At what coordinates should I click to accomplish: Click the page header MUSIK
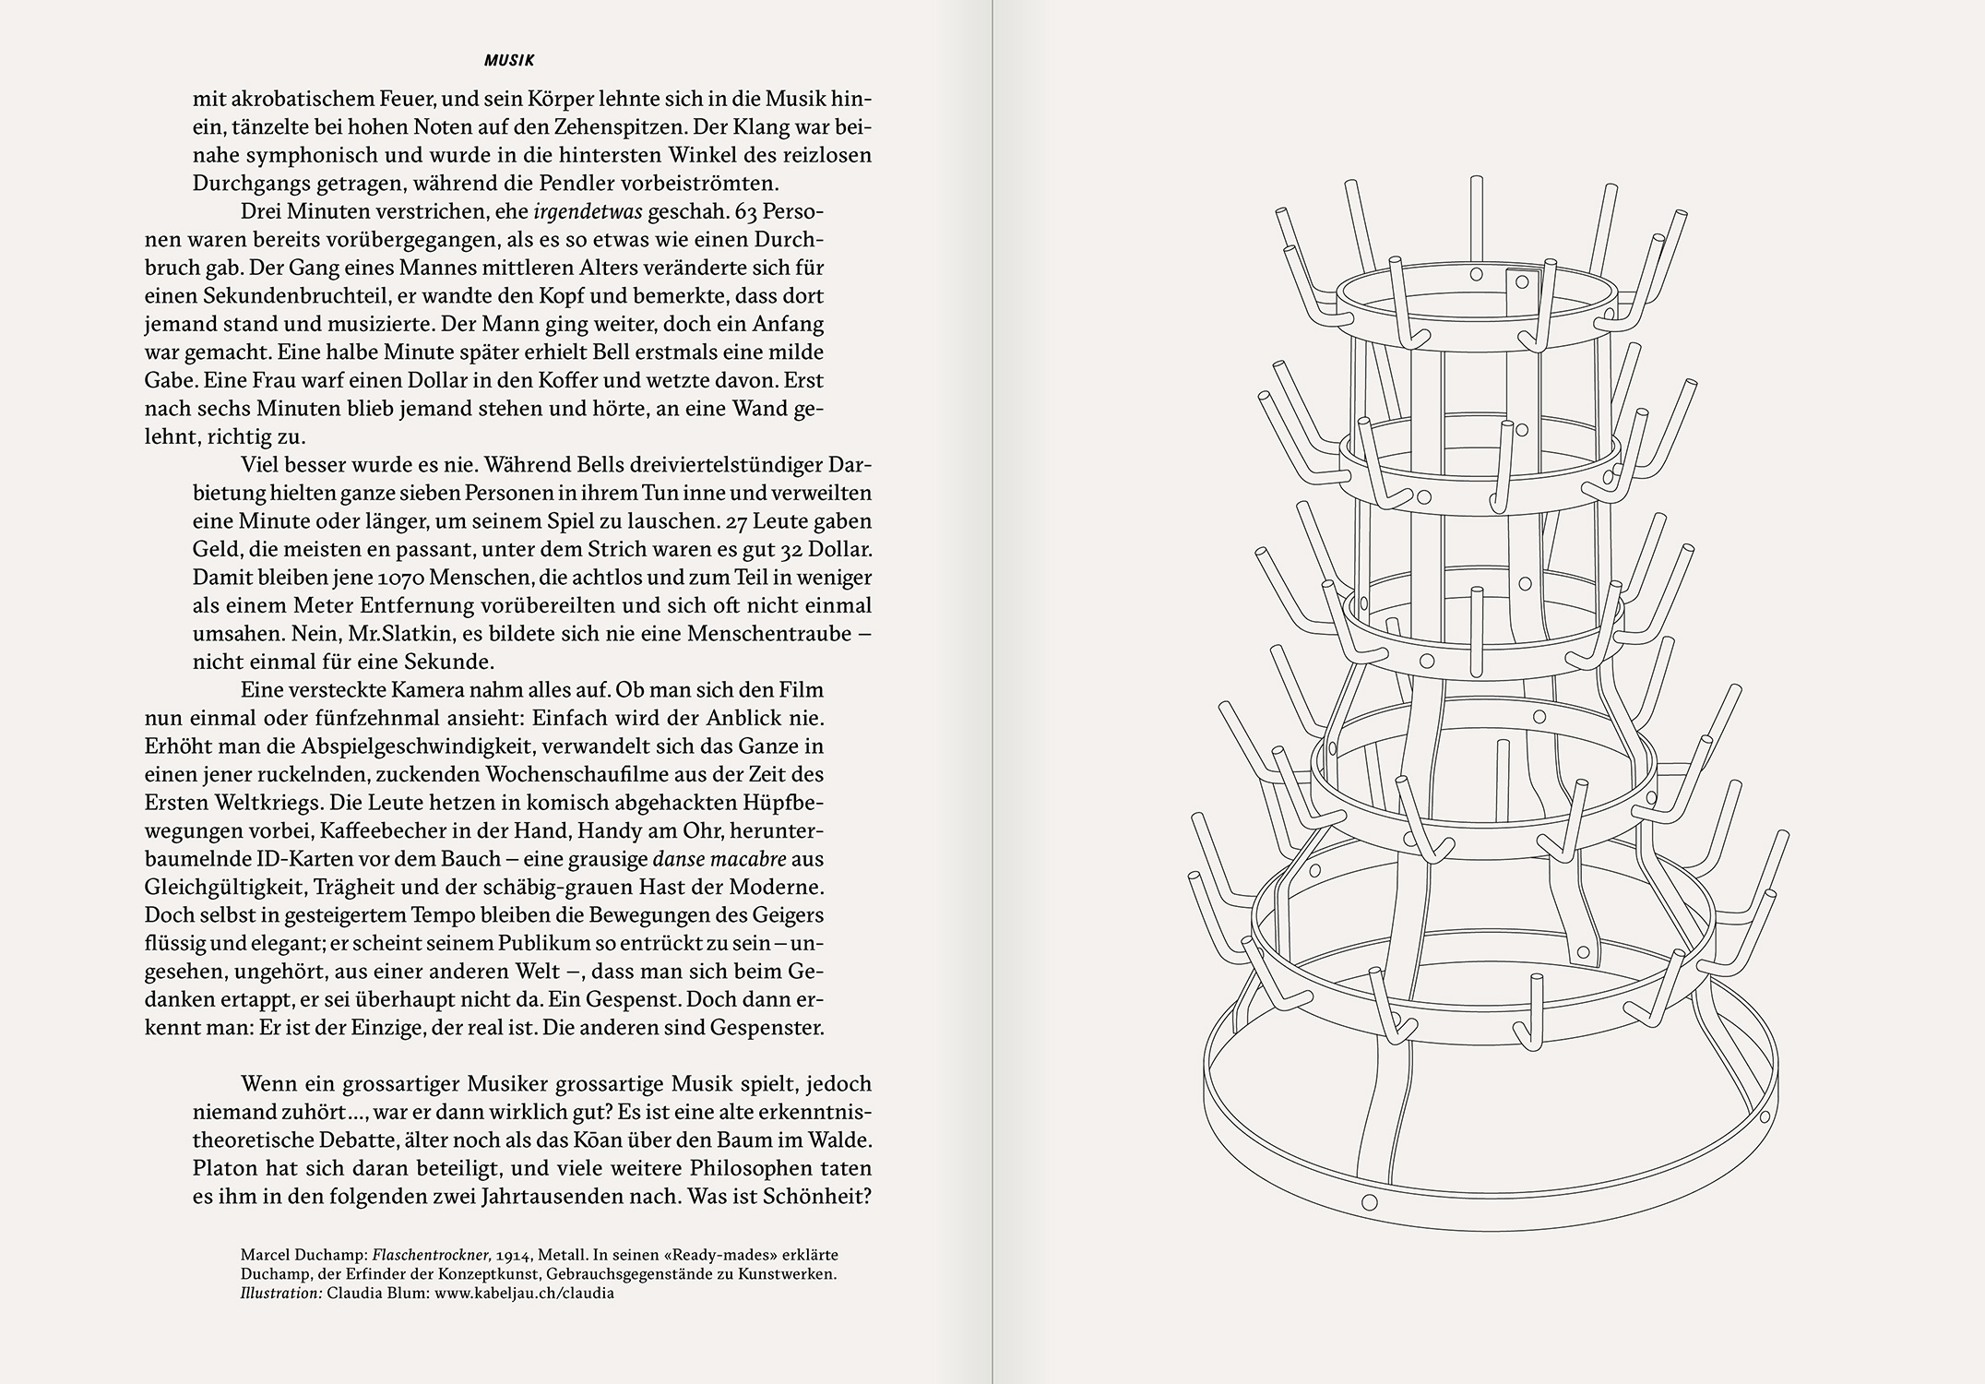tap(509, 61)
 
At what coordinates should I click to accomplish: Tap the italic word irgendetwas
tap(588, 211)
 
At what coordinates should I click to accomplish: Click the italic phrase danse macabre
tap(719, 858)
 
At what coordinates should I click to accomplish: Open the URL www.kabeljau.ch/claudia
tap(523, 1293)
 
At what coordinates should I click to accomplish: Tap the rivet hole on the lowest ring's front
tap(1370, 1202)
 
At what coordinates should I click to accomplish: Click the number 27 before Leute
tap(737, 521)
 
